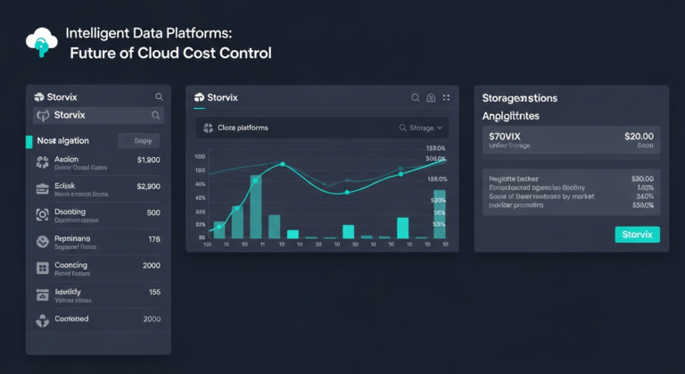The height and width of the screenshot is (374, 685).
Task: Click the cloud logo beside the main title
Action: point(42,42)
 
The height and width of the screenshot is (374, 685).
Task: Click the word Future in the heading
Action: point(95,53)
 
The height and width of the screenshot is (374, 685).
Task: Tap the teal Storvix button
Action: point(637,234)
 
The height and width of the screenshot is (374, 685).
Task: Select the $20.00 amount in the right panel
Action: point(639,136)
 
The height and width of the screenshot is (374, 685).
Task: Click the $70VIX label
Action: point(505,136)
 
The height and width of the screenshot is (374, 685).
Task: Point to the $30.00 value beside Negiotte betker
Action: point(641,178)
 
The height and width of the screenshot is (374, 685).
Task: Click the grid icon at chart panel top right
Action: point(446,97)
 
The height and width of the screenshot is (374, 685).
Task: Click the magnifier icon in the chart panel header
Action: point(415,97)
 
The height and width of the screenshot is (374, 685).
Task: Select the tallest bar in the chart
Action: point(256,206)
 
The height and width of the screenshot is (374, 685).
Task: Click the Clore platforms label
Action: point(242,128)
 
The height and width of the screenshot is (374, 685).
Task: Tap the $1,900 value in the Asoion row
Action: point(148,160)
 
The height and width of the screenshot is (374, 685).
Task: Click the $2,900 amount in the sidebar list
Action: point(148,187)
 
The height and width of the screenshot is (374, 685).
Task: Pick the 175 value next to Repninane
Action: point(153,239)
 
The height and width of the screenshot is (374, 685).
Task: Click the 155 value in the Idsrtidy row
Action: point(153,292)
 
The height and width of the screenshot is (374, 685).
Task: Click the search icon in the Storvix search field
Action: point(156,115)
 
